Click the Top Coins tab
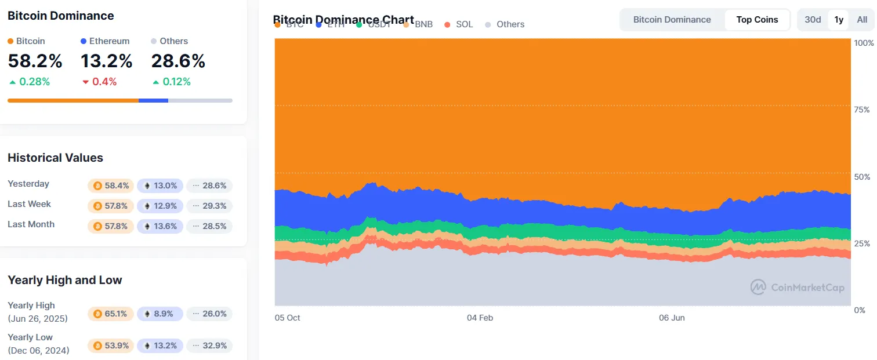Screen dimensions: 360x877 pyautogui.click(x=757, y=20)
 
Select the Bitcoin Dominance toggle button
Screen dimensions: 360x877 pyautogui.click(x=672, y=20)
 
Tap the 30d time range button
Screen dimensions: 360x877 pyautogui.click(x=813, y=20)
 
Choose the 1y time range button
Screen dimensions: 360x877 pyautogui.click(x=839, y=20)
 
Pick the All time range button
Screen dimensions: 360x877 pyautogui.click(x=862, y=20)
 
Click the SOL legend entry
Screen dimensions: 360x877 pyautogui.click(x=459, y=24)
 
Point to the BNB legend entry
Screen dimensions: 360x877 pyautogui.click(x=418, y=24)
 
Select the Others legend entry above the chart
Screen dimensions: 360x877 pyautogui.click(x=505, y=24)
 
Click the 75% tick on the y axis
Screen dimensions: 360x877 pyautogui.click(x=863, y=110)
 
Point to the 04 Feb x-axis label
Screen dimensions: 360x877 pyautogui.click(x=480, y=318)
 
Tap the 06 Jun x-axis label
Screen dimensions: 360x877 pyautogui.click(x=672, y=318)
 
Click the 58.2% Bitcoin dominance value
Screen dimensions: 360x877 pyautogui.click(x=35, y=61)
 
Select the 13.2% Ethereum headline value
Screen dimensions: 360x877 pyautogui.click(x=107, y=61)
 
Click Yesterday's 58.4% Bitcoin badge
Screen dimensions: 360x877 pyautogui.click(x=111, y=186)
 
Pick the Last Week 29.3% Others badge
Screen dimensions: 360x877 pyautogui.click(x=209, y=206)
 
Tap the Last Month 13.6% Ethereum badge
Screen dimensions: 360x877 pyautogui.click(x=160, y=226)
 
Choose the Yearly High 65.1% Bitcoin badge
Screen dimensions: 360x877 pyautogui.click(x=111, y=314)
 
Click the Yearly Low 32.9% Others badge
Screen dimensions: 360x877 pyautogui.click(x=209, y=346)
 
